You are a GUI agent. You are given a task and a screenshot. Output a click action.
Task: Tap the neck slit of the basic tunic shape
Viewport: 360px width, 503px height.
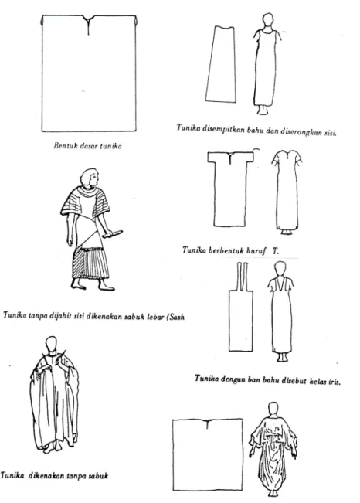(x=88, y=25)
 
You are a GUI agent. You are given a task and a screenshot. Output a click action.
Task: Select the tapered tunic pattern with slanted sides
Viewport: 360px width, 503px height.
(x=220, y=64)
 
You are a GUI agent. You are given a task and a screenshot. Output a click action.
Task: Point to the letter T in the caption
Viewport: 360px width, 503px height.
(x=276, y=251)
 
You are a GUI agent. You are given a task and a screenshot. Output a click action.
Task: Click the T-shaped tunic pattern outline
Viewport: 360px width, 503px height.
(x=230, y=189)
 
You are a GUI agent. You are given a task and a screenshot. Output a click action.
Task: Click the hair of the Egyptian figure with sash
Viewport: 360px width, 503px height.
(x=89, y=177)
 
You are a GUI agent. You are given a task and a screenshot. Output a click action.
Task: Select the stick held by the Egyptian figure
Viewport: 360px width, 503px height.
(x=112, y=234)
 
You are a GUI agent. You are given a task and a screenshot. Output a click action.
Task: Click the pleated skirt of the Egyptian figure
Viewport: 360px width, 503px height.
(x=90, y=263)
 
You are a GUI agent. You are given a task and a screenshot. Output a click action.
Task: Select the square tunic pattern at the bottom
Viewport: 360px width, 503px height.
(x=208, y=454)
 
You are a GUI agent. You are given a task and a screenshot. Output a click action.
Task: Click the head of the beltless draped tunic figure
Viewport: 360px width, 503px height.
(x=51, y=345)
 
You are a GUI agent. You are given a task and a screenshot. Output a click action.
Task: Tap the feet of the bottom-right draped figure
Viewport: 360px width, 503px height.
(x=273, y=493)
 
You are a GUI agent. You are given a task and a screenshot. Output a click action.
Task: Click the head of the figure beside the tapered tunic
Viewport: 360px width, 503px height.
(x=268, y=22)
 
